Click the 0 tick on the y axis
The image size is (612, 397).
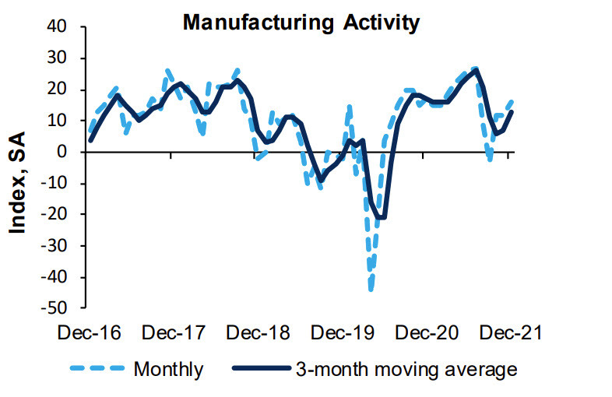coord(71,152)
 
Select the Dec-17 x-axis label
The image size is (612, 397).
coord(175,332)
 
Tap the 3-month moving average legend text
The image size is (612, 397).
coord(405,368)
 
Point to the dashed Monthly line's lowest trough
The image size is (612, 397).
coord(371,290)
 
